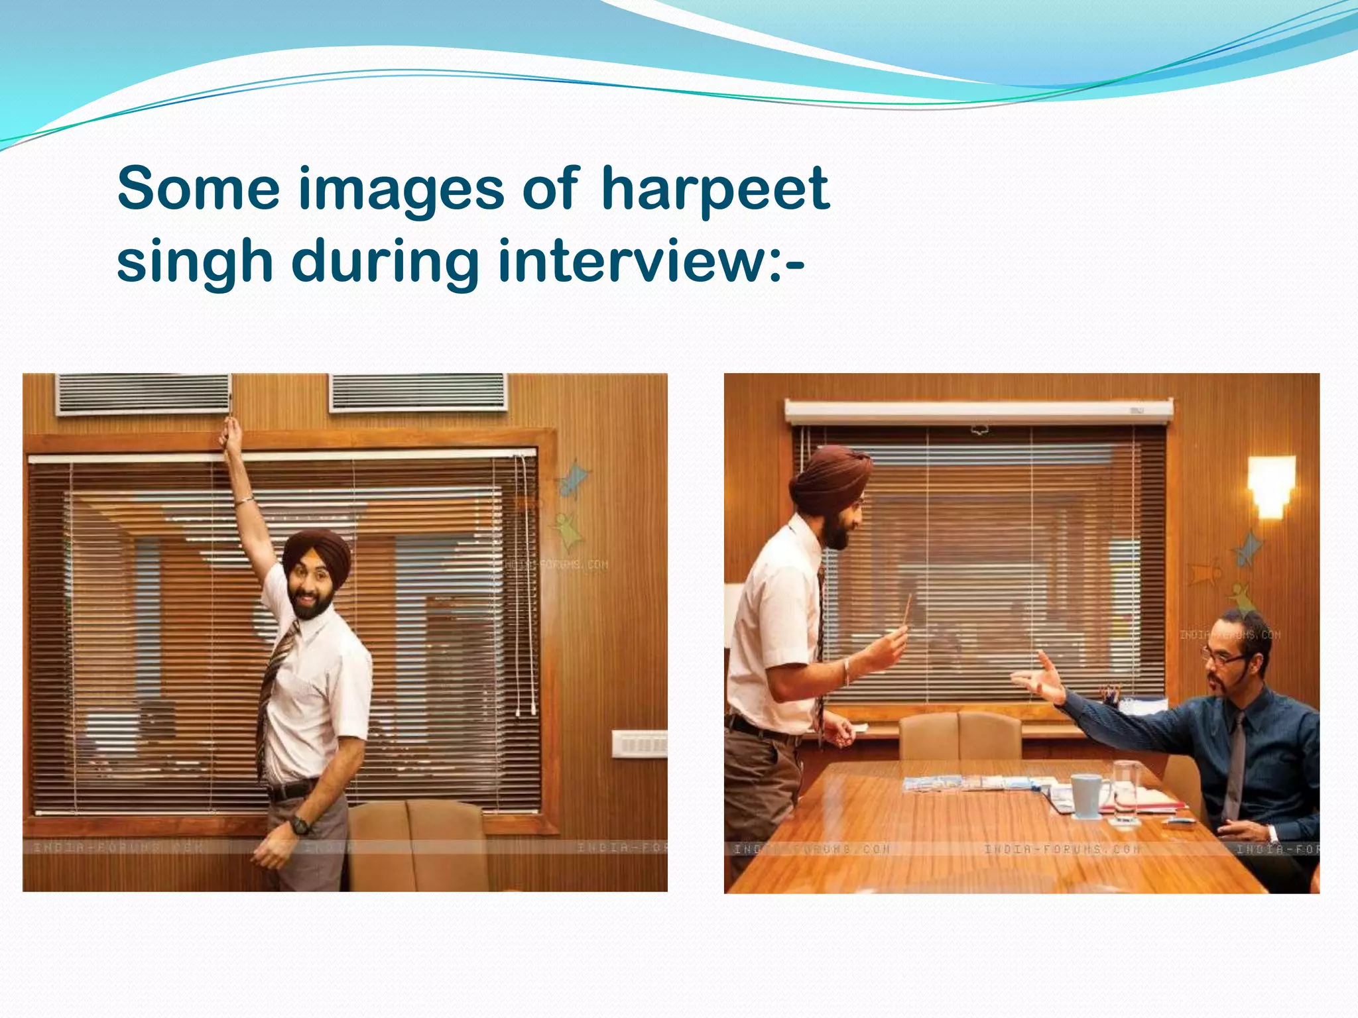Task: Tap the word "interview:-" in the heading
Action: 650,262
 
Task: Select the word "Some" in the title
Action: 198,190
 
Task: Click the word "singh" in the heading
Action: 195,262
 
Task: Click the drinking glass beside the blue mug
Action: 1125,791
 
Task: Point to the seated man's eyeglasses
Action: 1223,659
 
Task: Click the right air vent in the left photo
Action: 418,392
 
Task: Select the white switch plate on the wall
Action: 639,744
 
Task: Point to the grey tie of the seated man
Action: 1235,762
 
